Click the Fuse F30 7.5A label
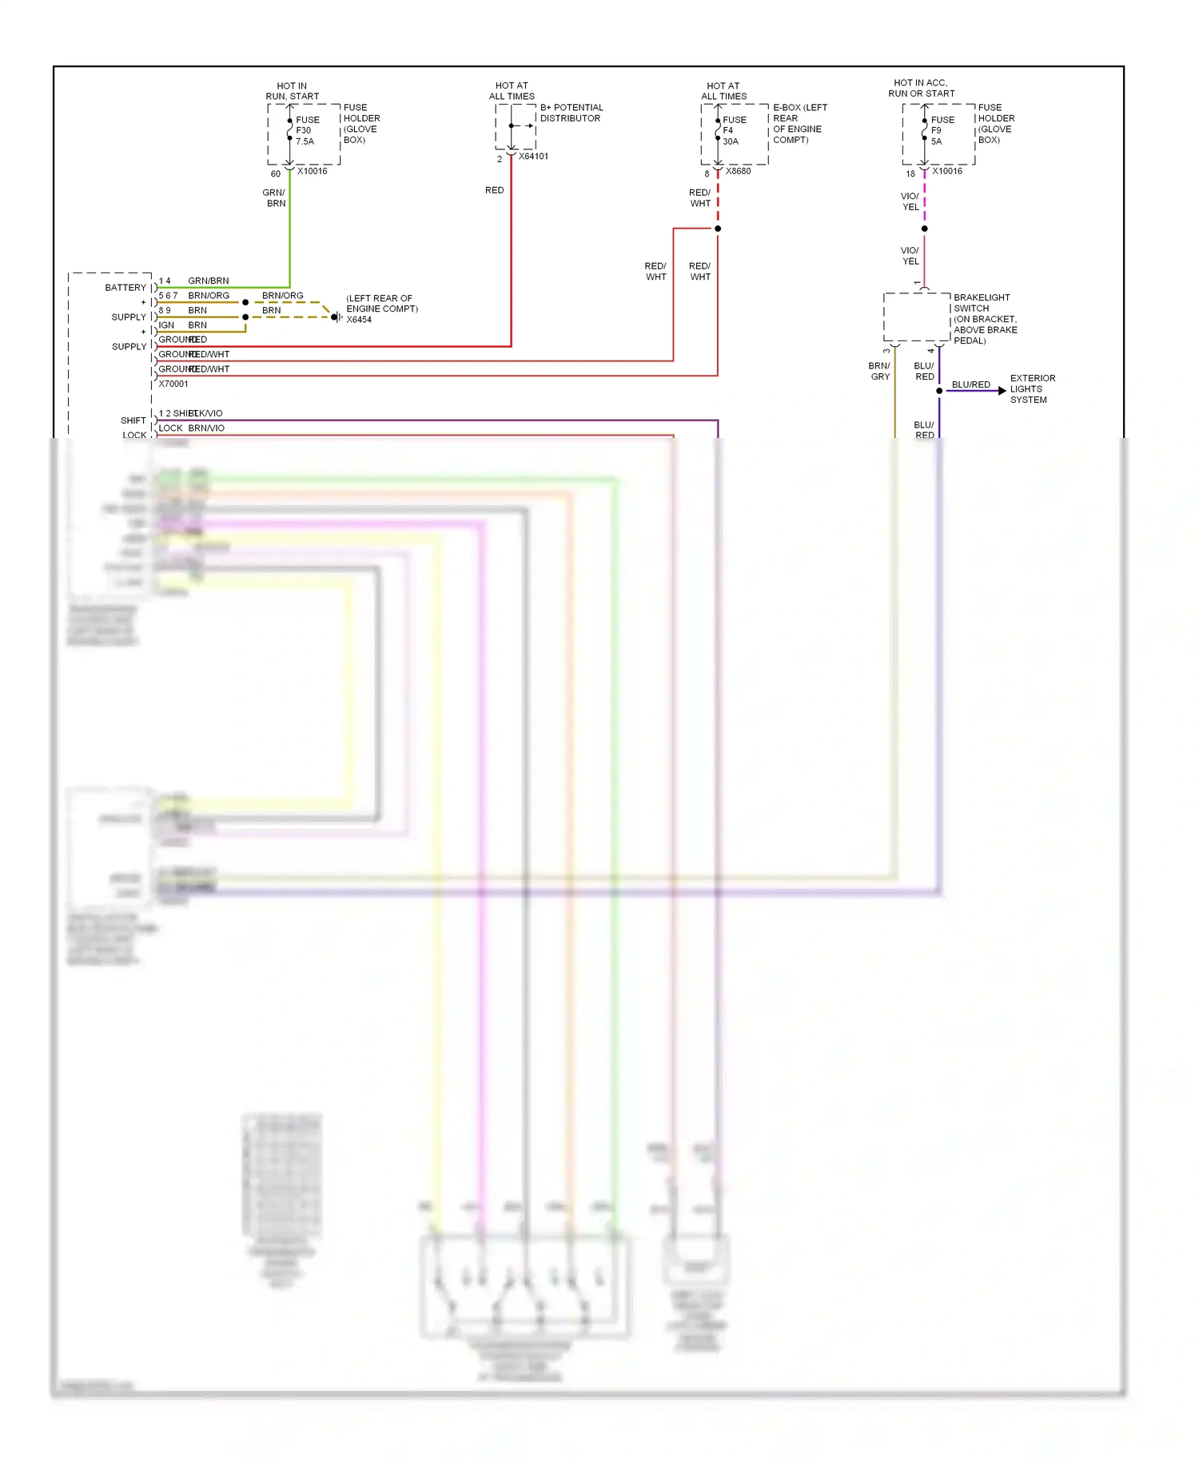(307, 130)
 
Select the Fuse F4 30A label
(733, 130)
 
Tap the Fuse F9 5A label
(942, 130)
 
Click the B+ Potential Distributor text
(571, 113)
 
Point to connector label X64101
(533, 157)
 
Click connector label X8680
(738, 171)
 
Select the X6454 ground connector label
(359, 320)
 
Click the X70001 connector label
(173, 384)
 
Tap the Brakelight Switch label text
(985, 319)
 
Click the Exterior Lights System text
(1032, 389)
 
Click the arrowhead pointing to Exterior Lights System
(1002, 391)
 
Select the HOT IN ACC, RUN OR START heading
(921, 88)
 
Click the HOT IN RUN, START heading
(292, 91)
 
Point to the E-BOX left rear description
(799, 124)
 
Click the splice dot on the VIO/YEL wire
(925, 229)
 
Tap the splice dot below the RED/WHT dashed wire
(718, 229)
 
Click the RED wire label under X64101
(494, 190)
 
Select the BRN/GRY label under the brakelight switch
(879, 371)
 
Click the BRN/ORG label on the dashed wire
(282, 296)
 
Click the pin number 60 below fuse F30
(275, 173)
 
